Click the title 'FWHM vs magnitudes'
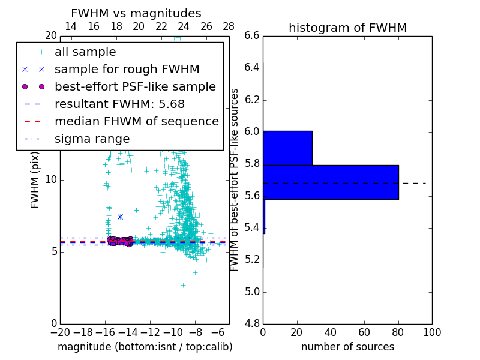pyautogui.click(x=136, y=14)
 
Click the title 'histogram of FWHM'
pyautogui.click(x=347, y=28)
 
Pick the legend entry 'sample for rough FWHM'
pyautogui.click(x=127, y=69)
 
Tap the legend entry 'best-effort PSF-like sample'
pyautogui.click(x=135, y=86)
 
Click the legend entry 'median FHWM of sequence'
pyautogui.click(x=136, y=121)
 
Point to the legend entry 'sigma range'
pyautogui.click(x=92, y=139)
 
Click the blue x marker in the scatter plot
pyautogui.click(x=120, y=217)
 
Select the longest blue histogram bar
pyautogui.click(x=331, y=182)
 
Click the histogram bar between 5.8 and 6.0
pyautogui.click(x=287, y=148)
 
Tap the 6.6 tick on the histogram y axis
pyautogui.click(x=252, y=35)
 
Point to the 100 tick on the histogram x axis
pyautogui.click(x=432, y=332)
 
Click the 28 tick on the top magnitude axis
pyautogui.click(x=229, y=26)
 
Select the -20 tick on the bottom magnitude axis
pyautogui.click(x=60, y=332)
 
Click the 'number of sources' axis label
pyautogui.click(x=347, y=347)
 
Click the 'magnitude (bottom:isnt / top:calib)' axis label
pyautogui.click(x=145, y=347)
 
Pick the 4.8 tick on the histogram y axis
pyautogui.click(x=252, y=324)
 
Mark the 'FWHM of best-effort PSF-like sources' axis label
pyautogui.click(x=235, y=179)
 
